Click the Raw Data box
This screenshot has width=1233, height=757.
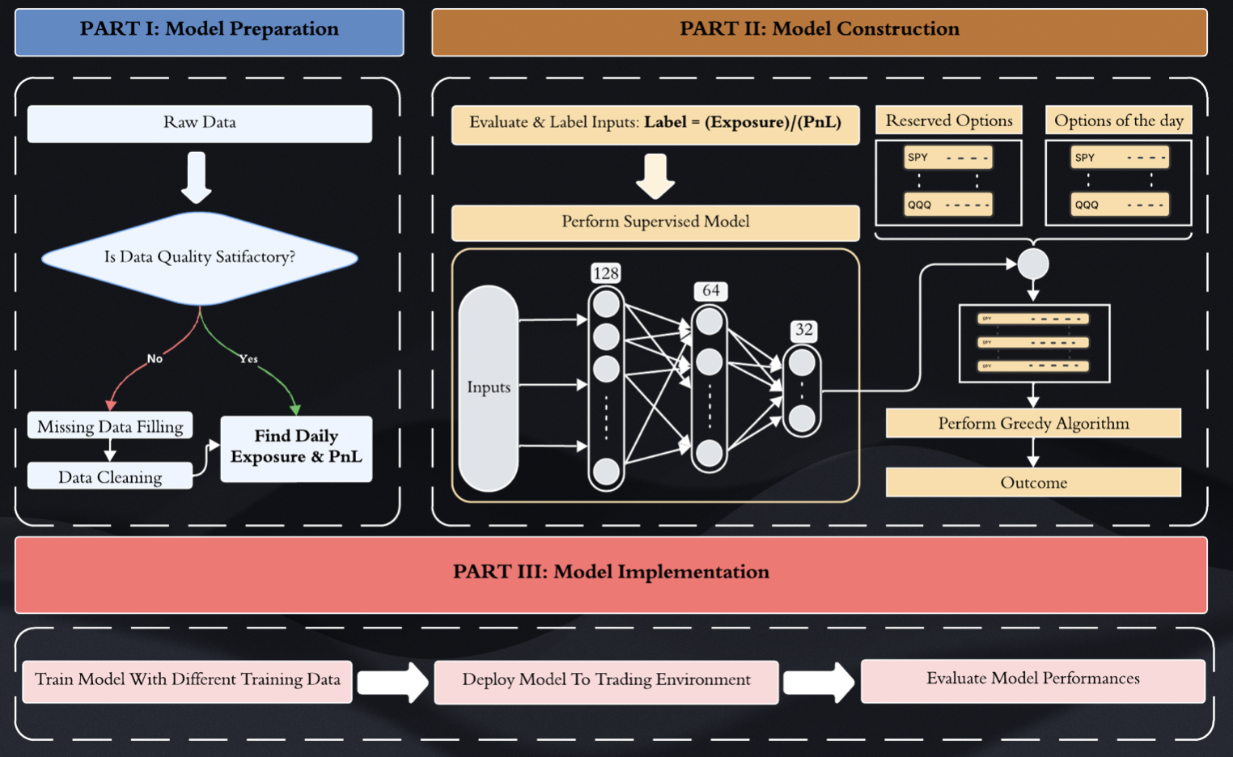(200, 124)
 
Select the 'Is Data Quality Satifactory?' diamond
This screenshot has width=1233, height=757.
(200, 257)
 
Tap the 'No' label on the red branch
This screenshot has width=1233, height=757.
(155, 358)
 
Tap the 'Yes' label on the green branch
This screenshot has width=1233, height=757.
(248, 358)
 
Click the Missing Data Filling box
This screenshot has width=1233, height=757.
(110, 426)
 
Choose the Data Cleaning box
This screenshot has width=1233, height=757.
(110, 477)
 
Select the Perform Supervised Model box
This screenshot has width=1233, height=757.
(655, 222)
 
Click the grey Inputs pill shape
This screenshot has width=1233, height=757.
(489, 388)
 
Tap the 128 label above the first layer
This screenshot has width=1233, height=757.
(606, 273)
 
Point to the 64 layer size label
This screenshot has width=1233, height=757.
(711, 291)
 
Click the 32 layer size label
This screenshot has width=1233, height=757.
(803, 330)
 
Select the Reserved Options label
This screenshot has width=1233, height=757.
(949, 121)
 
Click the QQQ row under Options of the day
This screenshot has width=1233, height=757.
(1120, 205)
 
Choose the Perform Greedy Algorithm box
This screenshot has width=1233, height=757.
(1033, 423)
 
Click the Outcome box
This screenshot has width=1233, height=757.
(1033, 483)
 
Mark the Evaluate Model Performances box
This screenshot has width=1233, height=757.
(1032, 679)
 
